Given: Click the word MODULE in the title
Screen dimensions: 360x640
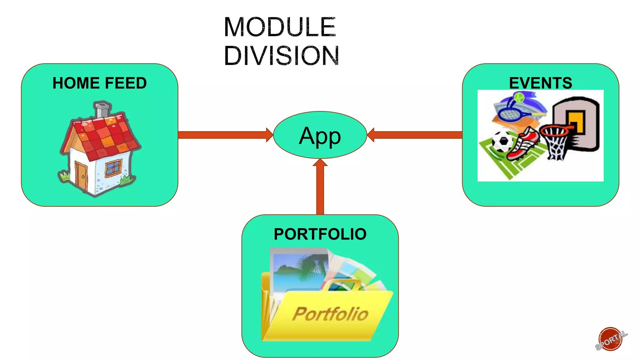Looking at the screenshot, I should pyautogui.click(x=280, y=27).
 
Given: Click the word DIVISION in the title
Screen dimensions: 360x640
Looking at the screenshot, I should pyautogui.click(x=281, y=56).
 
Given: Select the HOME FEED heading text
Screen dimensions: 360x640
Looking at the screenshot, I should pyautogui.click(x=99, y=83).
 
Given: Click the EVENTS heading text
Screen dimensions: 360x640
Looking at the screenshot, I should pyautogui.click(x=540, y=83).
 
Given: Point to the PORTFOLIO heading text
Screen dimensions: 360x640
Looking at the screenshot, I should pyautogui.click(x=320, y=234).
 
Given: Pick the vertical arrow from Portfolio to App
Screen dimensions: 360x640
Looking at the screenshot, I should pyautogui.click(x=320, y=187).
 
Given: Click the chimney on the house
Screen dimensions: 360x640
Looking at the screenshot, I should pyautogui.click(x=102, y=109).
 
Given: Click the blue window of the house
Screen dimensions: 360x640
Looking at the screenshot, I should pyautogui.click(x=113, y=167).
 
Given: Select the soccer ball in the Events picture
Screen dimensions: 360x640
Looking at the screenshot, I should pyautogui.click(x=502, y=141).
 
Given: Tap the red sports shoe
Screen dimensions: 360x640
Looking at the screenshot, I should pyautogui.click(x=524, y=144).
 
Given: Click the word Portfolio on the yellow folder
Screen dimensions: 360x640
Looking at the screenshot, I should pyautogui.click(x=330, y=314).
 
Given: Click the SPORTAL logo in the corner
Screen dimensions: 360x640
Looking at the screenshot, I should pyautogui.click(x=611, y=339).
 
